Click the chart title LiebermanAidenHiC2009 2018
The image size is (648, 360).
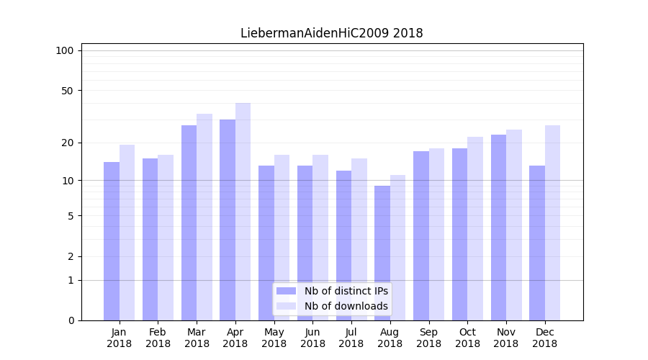tap(331, 33)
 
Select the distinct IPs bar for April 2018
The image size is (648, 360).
tap(228, 220)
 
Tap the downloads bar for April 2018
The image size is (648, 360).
tap(243, 212)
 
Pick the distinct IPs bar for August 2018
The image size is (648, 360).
tap(382, 253)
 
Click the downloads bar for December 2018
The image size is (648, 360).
tap(552, 222)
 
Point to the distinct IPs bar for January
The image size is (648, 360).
tap(112, 241)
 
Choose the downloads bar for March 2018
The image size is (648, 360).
tap(204, 217)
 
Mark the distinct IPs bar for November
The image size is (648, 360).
tap(498, 228)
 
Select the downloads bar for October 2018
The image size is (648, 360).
tap(475, 228)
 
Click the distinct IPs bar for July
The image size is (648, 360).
tap(343, 246)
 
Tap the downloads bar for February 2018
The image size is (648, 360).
tap(166, 238)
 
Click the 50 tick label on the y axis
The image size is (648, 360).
tap(68, 91)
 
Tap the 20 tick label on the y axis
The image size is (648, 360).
tap(68, 143)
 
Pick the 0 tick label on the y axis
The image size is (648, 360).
tap(71, 320)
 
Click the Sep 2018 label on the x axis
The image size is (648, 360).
tap(428, 338)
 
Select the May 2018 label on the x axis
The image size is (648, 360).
tap(274, 338)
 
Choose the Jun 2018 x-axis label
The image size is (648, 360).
tap(312, 338)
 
